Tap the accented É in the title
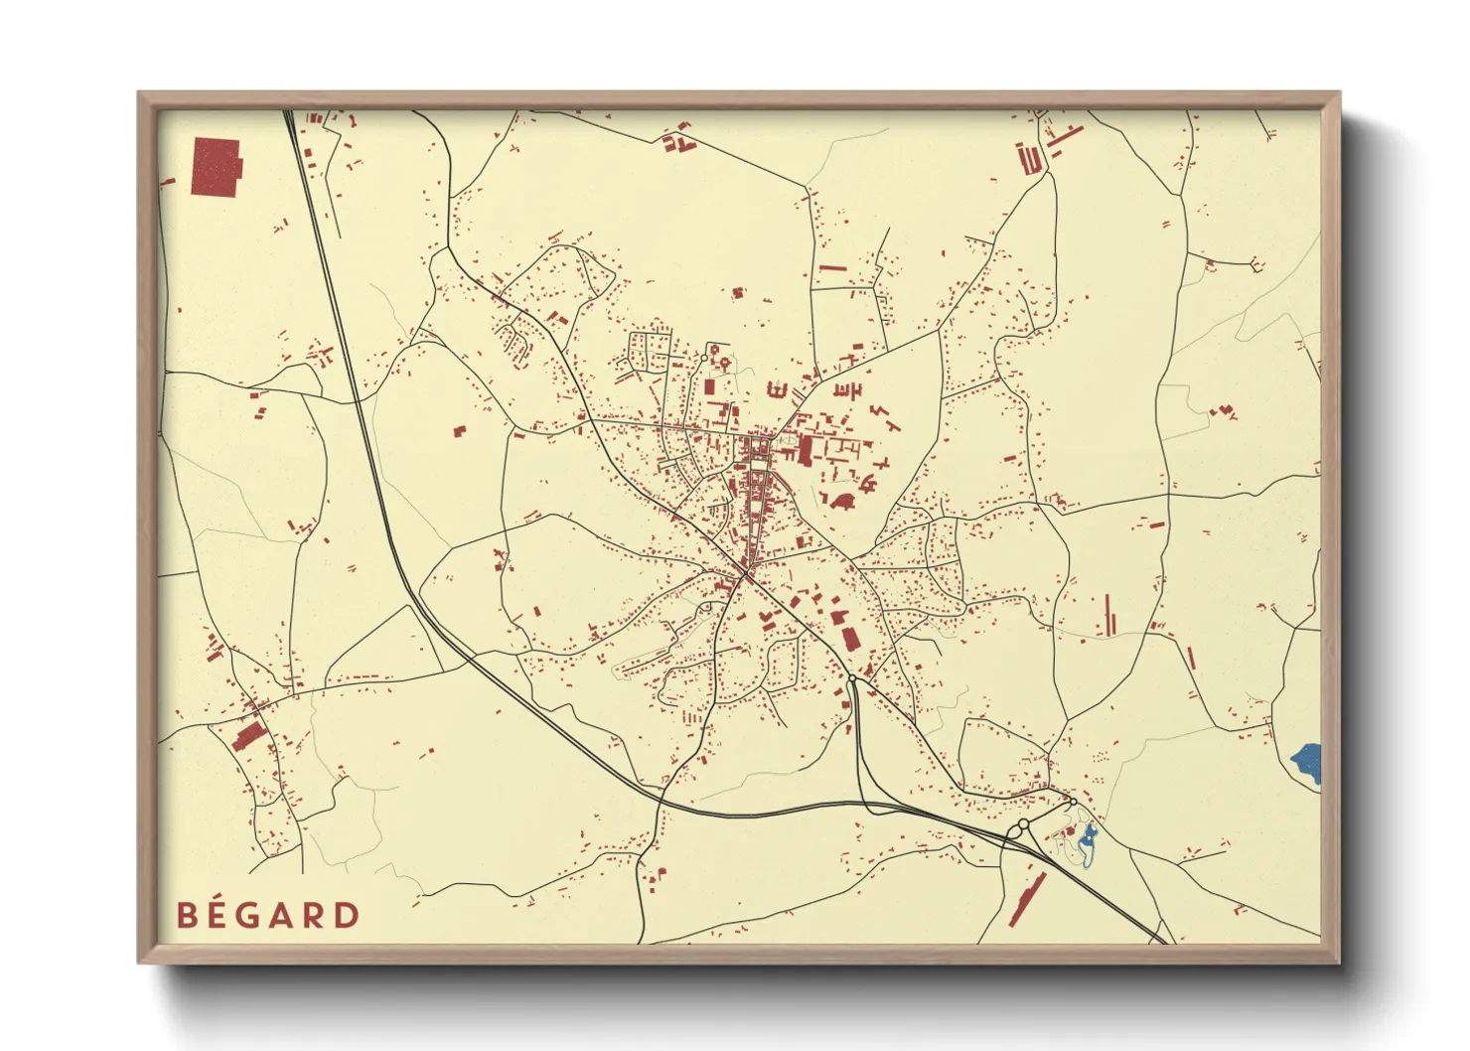point(220,914)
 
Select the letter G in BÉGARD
point(254,915)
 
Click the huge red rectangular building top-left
point(216,167)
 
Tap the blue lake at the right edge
point(1308,762)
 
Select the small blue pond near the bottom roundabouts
point(1087,843)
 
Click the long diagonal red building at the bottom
point(1027,899)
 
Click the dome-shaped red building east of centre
point(843,502)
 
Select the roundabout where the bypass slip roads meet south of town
point(851,678)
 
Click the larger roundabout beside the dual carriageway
point(1022,825)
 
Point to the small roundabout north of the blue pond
point(1073,802)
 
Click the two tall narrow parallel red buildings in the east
point(1109,615)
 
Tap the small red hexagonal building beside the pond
point(1070,830)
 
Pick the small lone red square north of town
point(737,293)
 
